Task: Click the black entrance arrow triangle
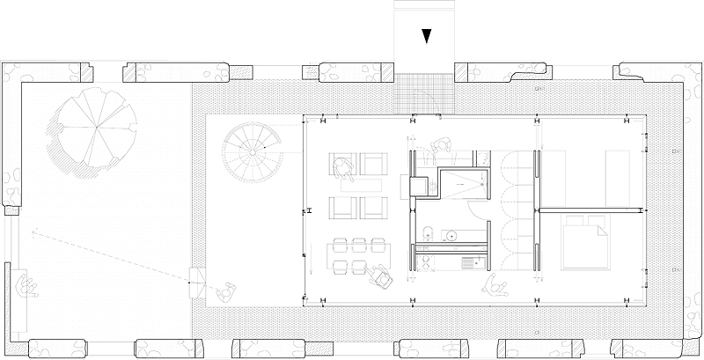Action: [426, 35]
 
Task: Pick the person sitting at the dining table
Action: [382, 276]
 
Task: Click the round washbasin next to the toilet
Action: [451, 235]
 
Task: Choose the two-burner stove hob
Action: [469, 261]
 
